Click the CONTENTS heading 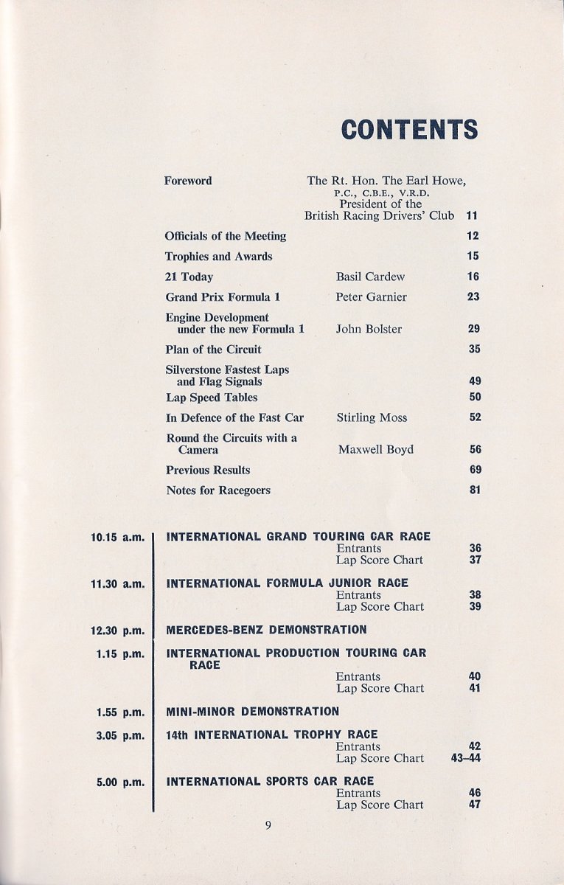tap(409, 129)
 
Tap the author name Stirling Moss tap(372, 417)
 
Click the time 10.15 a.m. tap(116, 538)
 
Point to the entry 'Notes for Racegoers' tap(218, 490)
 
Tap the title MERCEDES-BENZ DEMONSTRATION tap(266, 631)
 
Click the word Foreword tap(188, 181)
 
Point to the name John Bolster tap(369, 329)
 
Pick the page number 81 tap(475, 490)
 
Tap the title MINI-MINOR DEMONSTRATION tap(253, 712)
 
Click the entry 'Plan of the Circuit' tap(213, 350)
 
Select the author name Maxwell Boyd tap(376, 449)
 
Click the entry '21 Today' tap(189, 277)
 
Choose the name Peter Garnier tap(372, 296)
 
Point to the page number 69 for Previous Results tap(475, 470)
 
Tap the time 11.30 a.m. tap(116, 584)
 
